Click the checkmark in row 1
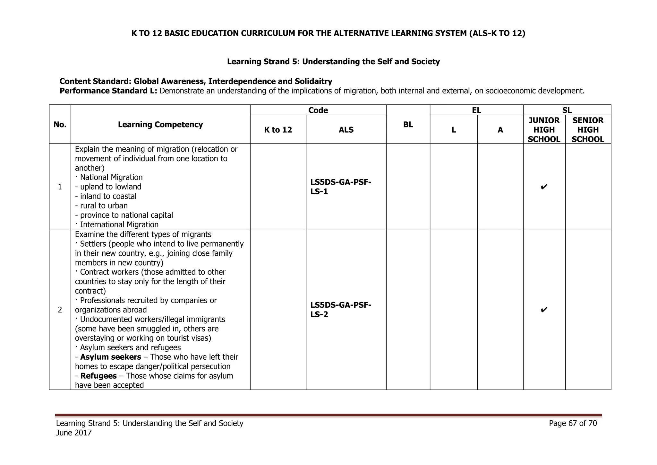544,187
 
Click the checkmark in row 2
544,310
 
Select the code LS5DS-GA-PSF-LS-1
341,187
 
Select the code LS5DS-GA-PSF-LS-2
341,310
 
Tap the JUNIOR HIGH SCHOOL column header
544,130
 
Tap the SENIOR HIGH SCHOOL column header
588,130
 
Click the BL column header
408,125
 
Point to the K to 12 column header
278,130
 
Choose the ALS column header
346,130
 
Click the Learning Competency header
160,125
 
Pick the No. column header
60,125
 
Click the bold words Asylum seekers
110,357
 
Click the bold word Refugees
98,376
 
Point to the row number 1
60,187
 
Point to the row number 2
60,310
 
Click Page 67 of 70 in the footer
573,423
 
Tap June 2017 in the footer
74,433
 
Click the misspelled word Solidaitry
313,81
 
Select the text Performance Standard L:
108,91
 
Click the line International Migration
119,224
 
